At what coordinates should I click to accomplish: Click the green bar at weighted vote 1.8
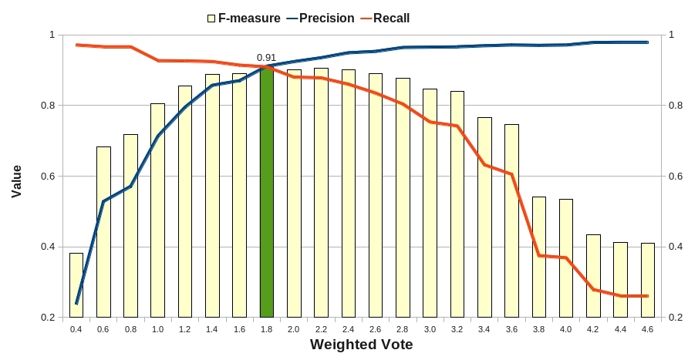[267, 193]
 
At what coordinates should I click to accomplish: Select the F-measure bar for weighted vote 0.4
[76, 285]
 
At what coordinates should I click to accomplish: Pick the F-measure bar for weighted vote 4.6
[648, 280]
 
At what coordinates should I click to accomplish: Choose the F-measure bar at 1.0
[157, 210]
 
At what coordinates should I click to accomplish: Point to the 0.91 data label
[267, 57]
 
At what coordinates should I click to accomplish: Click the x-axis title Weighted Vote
[361, 345]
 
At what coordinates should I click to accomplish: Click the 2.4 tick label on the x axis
[349, 329]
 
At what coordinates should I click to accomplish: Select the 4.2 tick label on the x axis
[593, 329]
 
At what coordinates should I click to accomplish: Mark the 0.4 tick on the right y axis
[676, 247]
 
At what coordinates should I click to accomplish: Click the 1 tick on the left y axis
[52, 35]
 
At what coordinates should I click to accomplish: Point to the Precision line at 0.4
[76, 303]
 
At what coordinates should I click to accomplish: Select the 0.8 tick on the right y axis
[676, 106]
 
